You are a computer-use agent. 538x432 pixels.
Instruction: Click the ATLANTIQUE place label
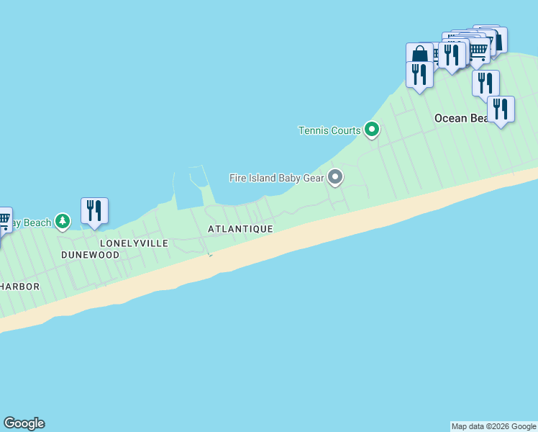point(240,229)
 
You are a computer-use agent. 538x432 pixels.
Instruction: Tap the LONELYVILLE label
point(134,243)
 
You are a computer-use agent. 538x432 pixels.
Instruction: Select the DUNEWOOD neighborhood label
point(90,255)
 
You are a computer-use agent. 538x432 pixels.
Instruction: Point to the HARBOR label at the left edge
point(19,287)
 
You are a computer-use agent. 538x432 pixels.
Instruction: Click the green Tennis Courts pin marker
point(372,130)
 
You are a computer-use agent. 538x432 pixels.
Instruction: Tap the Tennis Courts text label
point(329,130)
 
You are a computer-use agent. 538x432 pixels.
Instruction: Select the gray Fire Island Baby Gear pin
point(334,176)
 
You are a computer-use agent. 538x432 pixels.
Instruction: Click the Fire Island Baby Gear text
point(277,177)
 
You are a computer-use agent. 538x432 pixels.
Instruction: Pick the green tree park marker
point(63,221)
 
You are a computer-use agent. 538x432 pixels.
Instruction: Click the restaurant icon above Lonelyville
point(94,210)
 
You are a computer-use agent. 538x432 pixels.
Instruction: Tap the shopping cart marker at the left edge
point(4,220)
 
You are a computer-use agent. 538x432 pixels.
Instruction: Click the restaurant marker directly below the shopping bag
point(419,74)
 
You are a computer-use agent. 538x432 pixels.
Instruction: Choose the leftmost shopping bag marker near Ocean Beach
point(419,54)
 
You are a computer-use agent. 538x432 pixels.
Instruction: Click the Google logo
point(24,423)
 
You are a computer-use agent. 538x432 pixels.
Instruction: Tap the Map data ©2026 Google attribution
point(493,426)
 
